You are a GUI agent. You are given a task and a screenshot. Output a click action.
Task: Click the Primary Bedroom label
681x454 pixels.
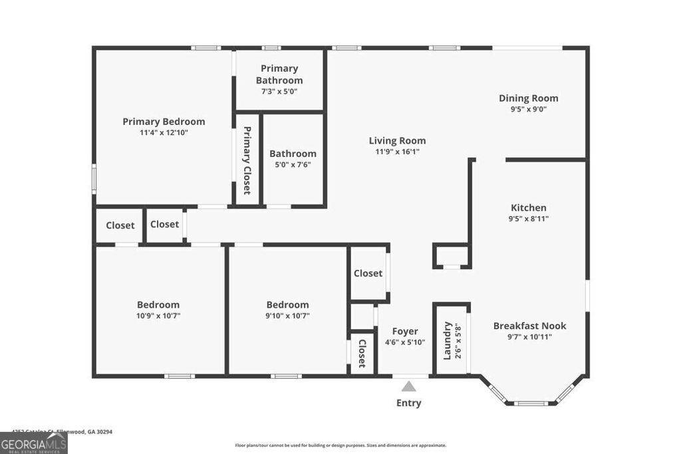(x=164, y=122)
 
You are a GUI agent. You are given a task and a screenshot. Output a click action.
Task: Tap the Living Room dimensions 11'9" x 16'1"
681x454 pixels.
(x=398, y=152)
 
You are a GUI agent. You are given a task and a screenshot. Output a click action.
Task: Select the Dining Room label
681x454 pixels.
(x=529, y=98)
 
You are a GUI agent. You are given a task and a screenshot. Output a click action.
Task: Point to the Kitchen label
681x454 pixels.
(x=529, y=207)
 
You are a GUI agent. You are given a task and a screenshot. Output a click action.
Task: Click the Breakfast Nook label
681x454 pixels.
(x=529, y=326)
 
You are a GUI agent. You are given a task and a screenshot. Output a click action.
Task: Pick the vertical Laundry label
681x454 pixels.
(x=447, y=340)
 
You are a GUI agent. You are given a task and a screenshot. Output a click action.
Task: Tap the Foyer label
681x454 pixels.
(x=405, y=331)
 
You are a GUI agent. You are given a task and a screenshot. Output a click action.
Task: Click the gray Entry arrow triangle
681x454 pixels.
(x=409, y=386)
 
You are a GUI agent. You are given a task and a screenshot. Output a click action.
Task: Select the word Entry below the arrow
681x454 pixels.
(x=409, y=403)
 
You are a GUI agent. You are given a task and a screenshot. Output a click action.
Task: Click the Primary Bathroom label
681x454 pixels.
(x=279, y=74)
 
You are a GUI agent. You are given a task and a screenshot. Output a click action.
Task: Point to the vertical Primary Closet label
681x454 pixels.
(x=247, y=160)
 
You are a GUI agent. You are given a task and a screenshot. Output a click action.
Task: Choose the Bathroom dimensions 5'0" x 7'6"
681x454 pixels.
(x=293, y=165)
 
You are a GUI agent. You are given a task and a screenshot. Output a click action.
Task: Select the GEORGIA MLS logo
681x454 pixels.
(x=33, y=443)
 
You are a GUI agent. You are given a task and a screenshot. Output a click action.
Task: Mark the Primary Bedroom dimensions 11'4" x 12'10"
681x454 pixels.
(x=164, y=133)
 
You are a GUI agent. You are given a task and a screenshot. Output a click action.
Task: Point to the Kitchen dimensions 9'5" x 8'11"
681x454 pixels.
(x=529, y=219)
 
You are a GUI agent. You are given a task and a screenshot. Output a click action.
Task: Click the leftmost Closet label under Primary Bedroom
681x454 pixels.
(x=120, y=225)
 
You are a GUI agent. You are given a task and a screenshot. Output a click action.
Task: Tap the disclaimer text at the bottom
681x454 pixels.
(x=340, y=445)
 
